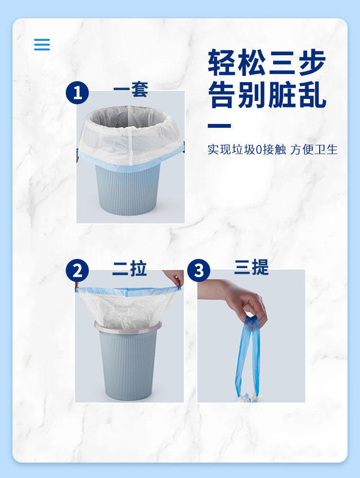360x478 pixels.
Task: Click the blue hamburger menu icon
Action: click(x=42, y=45)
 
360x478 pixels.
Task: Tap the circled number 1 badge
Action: click(x=77, y=93)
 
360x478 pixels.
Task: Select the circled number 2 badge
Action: click(x=77, y=270)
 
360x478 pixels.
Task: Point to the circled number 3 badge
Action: click(x=199, y=270)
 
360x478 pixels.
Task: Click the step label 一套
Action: click(x=131, y=90)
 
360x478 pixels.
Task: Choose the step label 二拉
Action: click(x=130, y=268)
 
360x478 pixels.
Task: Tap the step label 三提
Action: click(x=252, y=267)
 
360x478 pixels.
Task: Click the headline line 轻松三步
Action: click(x=267, y=62)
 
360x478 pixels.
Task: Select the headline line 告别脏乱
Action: click(x=267, y=95)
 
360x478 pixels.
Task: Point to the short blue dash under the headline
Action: click(x=219, y=125)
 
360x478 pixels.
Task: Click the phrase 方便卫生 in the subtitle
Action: click(x=314, y=150)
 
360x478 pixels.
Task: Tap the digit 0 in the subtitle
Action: click(x=259, y=150)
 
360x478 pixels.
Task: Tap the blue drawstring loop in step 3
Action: click(x=248, y=356)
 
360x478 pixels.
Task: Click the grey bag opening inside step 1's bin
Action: click(x=128, y=116)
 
